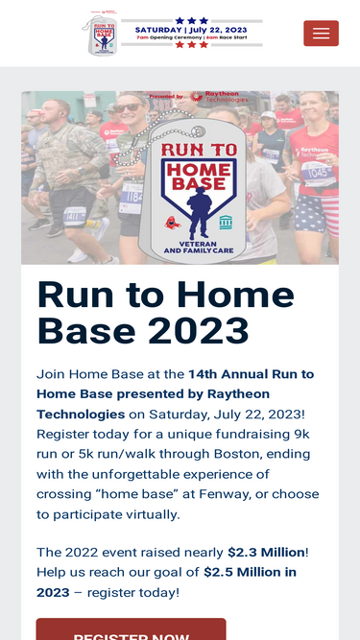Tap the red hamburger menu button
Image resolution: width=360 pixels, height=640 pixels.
click(321, 34)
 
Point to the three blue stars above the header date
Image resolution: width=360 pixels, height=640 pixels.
click(191, 19)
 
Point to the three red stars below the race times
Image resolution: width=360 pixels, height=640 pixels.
click(191, 45)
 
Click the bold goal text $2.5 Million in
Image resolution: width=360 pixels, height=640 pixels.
click(250, 572)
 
